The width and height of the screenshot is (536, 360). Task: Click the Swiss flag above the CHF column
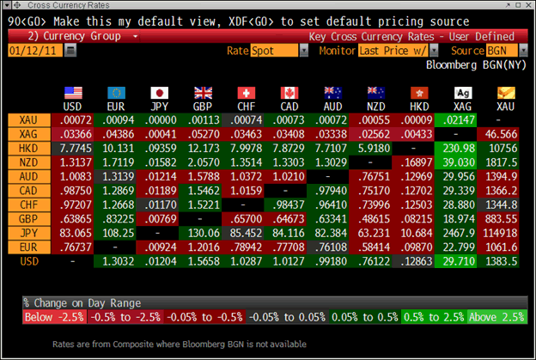(x=246, y=93)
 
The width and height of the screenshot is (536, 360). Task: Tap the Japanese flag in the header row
(x=159, y=93)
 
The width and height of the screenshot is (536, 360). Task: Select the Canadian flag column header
(x=289, y=93)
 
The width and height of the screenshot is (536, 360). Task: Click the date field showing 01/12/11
(x=34, y=52)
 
